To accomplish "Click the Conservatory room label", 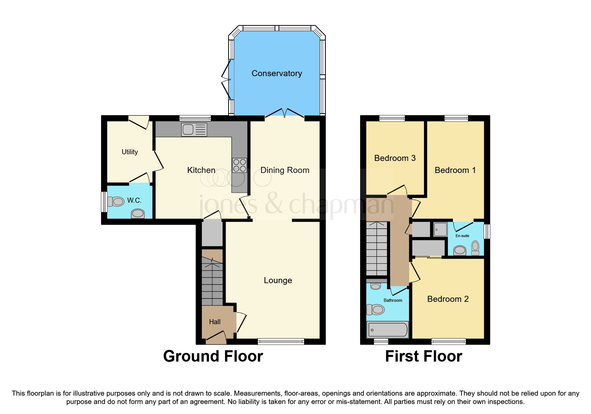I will click(x=277, y=73).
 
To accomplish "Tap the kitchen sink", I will click(x=194, y=130).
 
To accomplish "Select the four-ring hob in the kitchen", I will click(x=239, y=165).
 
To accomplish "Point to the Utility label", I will click(x=129, y=152).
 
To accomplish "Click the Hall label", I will click(x=215, y=322).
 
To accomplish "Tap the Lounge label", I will click(x=278, y=280).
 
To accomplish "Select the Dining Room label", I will click(x=285, y=170).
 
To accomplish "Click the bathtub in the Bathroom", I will click(x=387, y=330).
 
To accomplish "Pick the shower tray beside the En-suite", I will click(x=440, y=229).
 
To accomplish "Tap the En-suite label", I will click(x=462, y=236).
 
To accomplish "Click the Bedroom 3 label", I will click(x=395, y=158).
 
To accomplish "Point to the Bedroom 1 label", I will click(x=455, y=170).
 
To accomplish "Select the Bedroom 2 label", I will click(x=448, y=299).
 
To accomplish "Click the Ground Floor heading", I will click(x=213, y=356).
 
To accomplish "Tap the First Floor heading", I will click(x=423, y=356).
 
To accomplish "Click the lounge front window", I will click(x=281, y=341).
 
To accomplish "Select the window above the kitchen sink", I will click(x=195, y=118).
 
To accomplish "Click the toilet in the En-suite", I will click(x=475, y=247).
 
